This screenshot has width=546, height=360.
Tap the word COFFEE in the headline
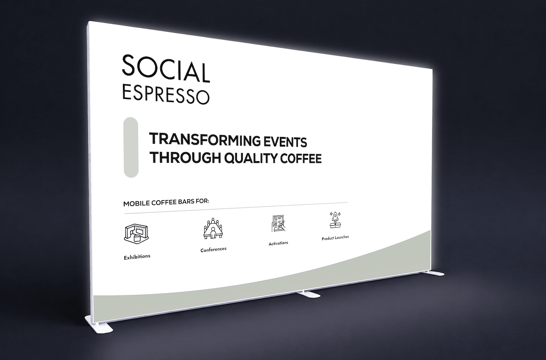point(301,158)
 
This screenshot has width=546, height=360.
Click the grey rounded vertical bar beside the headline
point(131,147)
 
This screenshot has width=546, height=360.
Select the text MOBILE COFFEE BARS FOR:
point(166,203)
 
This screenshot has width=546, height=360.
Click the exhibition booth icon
point(136,234)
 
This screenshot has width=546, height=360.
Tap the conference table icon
point(213,228)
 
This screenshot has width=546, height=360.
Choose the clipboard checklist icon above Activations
point(278,223)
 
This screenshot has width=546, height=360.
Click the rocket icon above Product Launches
point(335,220)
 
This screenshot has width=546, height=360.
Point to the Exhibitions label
point(137,257)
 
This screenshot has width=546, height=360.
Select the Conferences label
point(213,249)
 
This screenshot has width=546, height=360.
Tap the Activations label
point(278,243)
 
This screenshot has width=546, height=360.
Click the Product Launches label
point(335,238)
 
